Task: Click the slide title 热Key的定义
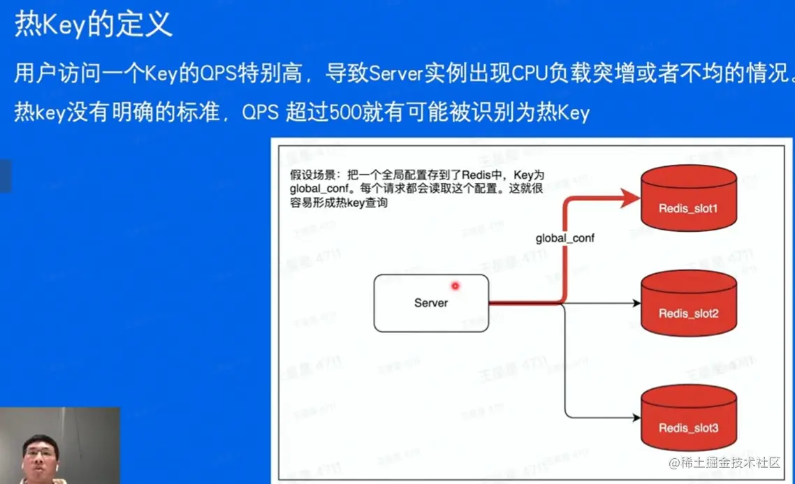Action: (x=93, y=26)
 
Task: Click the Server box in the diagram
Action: (x=431, y=302)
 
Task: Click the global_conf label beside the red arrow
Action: (x=564, y=238)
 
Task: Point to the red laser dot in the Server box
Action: (x=455, y=286)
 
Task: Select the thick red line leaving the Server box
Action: (x=524, y=303)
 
